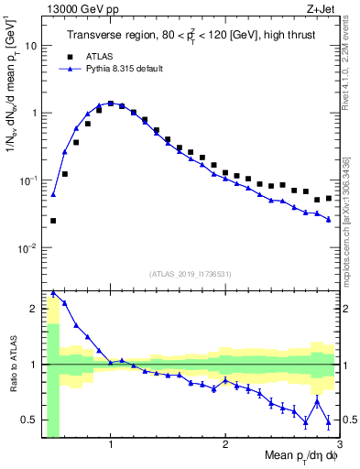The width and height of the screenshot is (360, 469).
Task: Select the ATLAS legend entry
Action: pyautogui.click(x=100, y=56)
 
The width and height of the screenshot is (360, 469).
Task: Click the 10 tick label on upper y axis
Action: pyautogui.click(x=31, y=45)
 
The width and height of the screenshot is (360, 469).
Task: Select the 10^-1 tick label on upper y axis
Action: pyautogui.click(x=28, y=180)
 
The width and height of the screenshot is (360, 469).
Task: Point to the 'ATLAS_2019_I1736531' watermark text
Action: pyautogui.click(x=190, y=274)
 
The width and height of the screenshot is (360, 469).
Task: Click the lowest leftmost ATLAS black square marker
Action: pyautogui.click(x=53, y=221)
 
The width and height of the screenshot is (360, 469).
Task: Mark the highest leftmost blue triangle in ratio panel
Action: pyautogui.click(x=53, y=293)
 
